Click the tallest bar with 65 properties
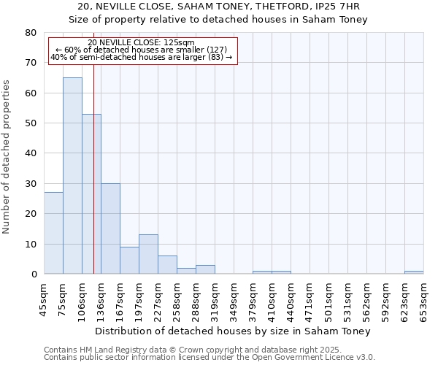point(72,175)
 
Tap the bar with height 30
point(110,228)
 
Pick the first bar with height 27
point(53,233)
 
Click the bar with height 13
point(148,254)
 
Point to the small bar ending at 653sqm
point(414,272)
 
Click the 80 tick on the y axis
point(30,33)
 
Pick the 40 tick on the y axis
point(30,153)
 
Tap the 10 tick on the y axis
point(30,244)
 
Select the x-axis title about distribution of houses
point(233,331)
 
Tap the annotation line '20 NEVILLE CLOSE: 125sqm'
point(142,42)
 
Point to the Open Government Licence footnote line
point(210,358)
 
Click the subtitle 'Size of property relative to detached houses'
point(218,19)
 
